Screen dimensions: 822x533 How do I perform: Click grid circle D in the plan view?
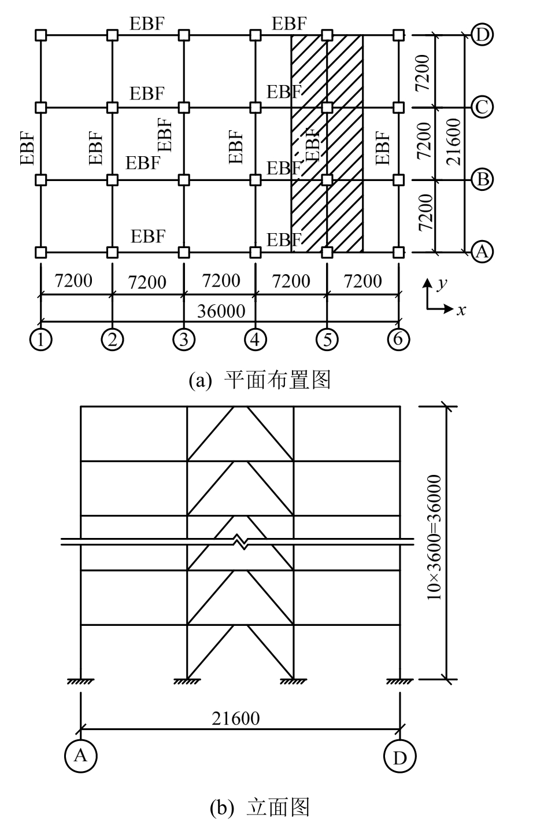(482, 35)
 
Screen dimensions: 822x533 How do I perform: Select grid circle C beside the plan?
(482, 107)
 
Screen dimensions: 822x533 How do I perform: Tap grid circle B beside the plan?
(482, 179)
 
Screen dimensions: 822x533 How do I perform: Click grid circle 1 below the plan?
(40, 340)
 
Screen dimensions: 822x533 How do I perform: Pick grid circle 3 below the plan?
(184, 340)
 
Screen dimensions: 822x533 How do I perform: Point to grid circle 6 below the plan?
(398, 340)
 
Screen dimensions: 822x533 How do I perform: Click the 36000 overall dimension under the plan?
(221, 312)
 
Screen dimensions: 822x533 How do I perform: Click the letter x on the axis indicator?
(461, 310)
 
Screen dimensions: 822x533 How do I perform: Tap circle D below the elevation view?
(400, 756)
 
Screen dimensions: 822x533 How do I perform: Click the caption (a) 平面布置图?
(260, 380)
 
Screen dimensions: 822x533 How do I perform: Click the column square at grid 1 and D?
(40, 35)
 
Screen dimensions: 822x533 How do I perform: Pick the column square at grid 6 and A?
(398, 252)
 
